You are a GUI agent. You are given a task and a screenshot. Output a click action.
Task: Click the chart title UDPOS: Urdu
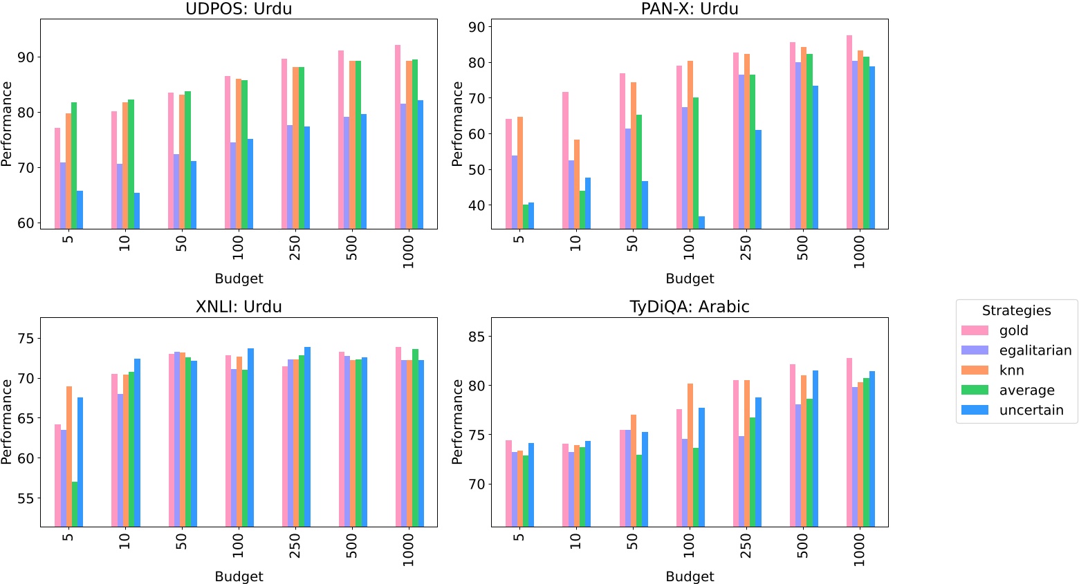point(239,9)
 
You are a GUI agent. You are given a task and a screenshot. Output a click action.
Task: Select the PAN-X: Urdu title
point(690,9)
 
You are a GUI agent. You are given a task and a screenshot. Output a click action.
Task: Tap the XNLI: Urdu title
point(239,306)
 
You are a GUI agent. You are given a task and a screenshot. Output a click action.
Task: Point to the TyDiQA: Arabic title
point(690,306)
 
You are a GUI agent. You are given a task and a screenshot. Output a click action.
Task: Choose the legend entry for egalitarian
point(1035,350)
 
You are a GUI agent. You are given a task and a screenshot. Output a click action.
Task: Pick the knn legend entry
point(1011,370)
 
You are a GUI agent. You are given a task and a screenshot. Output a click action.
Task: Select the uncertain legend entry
point(1031,410)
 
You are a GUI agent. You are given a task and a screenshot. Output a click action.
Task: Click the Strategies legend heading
point(1016,310)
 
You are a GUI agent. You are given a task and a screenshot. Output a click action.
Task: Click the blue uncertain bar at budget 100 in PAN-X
point(701,222)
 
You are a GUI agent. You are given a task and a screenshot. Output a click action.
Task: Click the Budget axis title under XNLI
point(239,576)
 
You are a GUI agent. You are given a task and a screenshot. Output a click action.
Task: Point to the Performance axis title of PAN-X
point(457,124)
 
